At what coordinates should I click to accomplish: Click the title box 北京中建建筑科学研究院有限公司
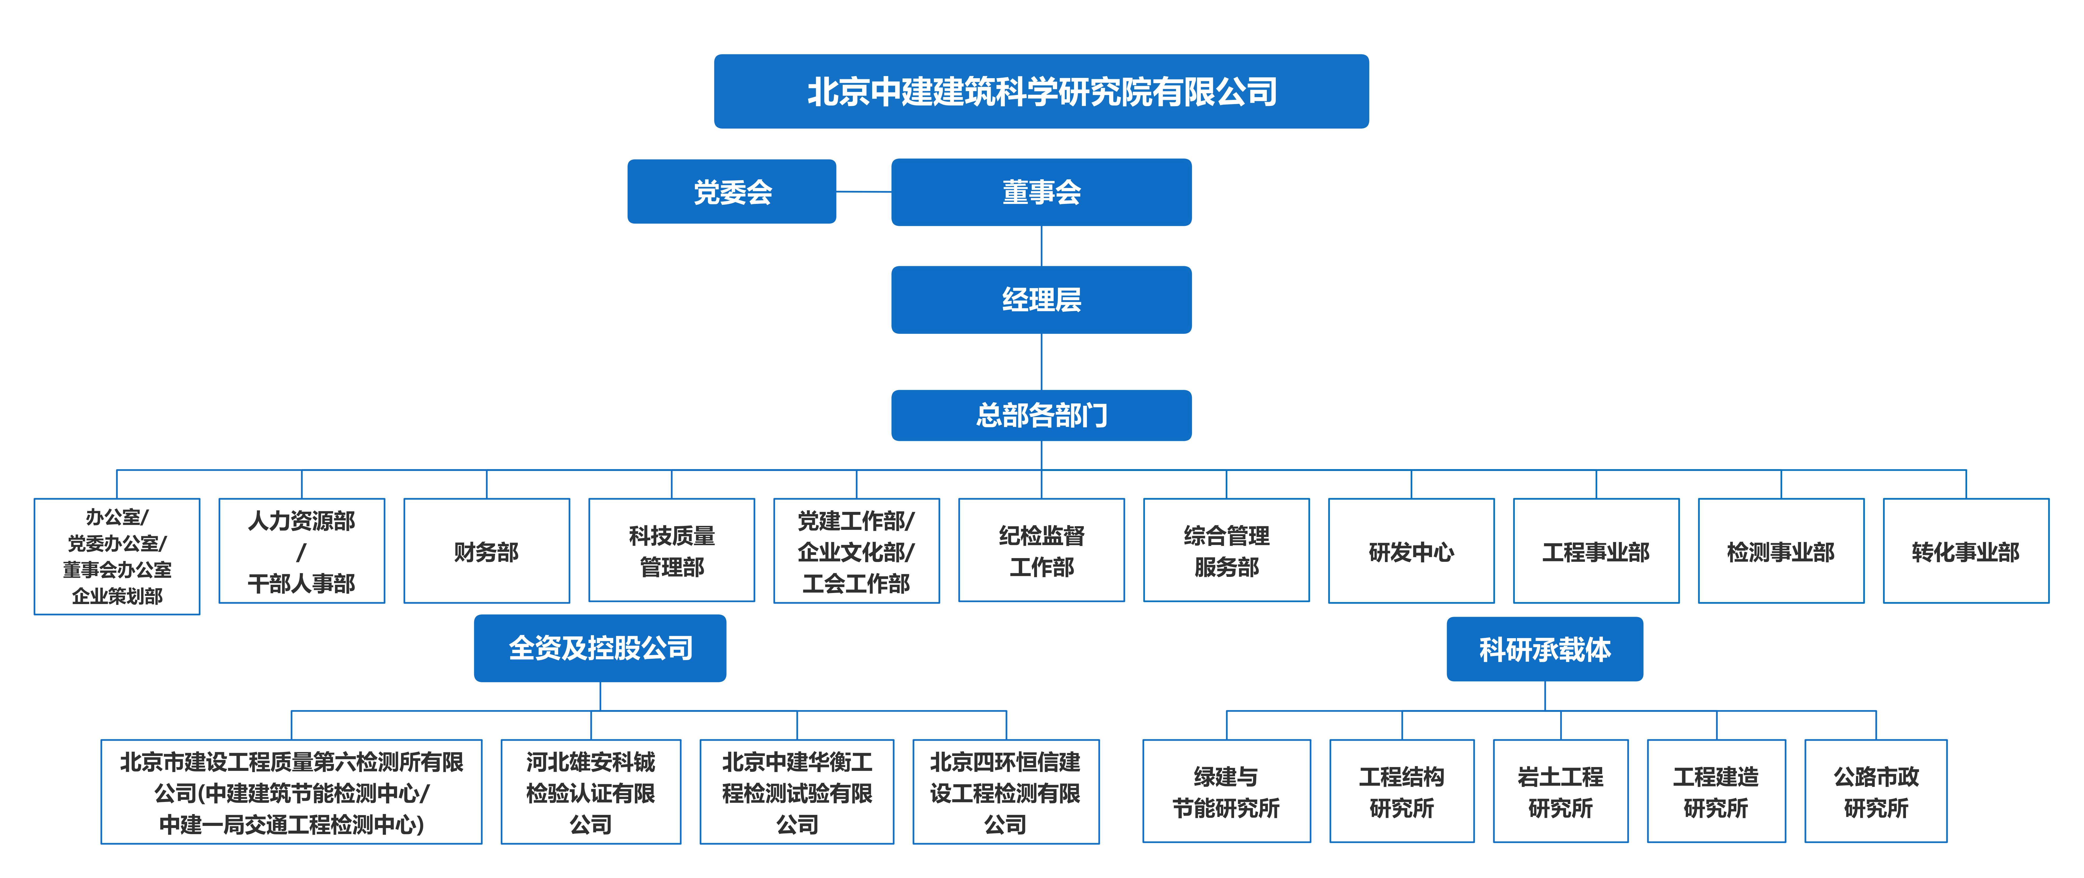point(1041,91)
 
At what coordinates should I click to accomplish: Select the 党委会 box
point(731,192)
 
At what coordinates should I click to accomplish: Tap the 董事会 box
point(1041,192)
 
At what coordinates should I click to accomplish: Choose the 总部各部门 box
point(1041,415)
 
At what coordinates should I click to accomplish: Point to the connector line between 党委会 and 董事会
point(863,192)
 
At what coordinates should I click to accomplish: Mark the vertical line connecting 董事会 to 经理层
point(1041,246)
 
